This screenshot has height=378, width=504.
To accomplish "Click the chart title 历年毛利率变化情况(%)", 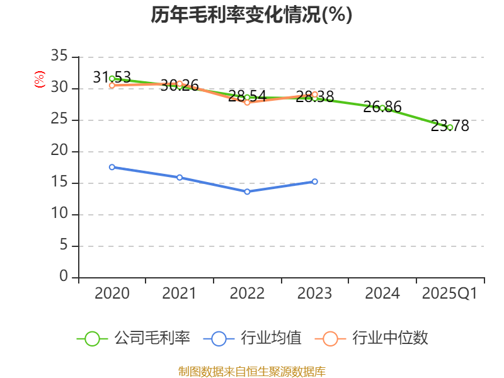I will point(251,15).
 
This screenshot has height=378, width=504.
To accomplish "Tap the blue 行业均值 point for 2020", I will point(112,167).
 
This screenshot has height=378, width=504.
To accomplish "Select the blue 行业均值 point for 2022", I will point(247,192).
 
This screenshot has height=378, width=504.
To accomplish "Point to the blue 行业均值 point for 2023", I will point(315,181).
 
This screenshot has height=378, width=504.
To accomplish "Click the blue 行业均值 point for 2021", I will point(180,177).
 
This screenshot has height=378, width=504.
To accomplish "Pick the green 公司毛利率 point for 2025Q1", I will point(450,127).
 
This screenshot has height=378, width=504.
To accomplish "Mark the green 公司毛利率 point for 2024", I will point(382,108).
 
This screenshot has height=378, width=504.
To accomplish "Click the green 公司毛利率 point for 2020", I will point(112,79).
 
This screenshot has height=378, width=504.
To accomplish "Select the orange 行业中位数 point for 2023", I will point(315,94).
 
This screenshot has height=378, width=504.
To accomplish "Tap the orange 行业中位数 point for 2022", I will point(247,102).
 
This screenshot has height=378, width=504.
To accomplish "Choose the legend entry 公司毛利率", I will point(134,338).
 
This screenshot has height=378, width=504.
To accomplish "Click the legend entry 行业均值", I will point(253,338).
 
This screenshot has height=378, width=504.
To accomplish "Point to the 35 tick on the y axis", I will point(59,57).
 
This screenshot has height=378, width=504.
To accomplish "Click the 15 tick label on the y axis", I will point(59,183).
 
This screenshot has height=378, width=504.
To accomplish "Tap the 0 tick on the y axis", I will point(64,277).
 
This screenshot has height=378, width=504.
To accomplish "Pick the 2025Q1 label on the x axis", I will point(450,294).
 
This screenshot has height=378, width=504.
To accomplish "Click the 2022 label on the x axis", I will point(247,294).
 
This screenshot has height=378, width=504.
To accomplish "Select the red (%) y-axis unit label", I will point(40,80).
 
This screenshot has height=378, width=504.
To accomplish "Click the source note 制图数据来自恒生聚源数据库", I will point(251,371).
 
